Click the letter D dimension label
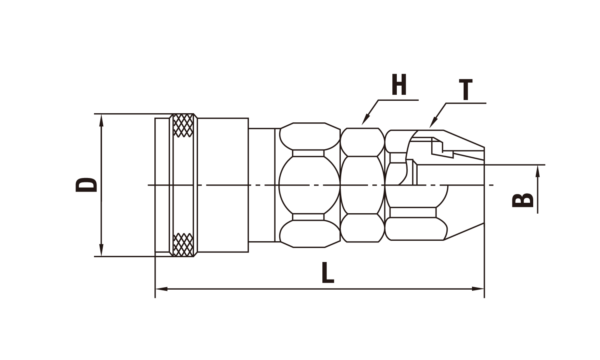[x=86, y=185]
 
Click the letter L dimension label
[x=328, y=273]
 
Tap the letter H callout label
[x=399, y=84]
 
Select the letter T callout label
[x=466, y=90]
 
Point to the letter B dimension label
[x=522, y=200]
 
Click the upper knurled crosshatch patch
[x=183, y=125]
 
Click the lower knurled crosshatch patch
[x=183, y=244]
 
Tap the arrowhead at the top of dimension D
[x=101, y=120]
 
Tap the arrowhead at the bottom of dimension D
[x=101, y=250]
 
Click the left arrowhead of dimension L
[x=162, y=289]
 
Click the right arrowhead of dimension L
[x=478, y=289]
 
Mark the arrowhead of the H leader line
[x=366, y=120]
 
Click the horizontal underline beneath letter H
[x=398, y=100]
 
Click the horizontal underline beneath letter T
[x=466, y=103]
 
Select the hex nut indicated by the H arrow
[x=362, y=185]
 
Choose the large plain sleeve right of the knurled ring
[x=223, y=185]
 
